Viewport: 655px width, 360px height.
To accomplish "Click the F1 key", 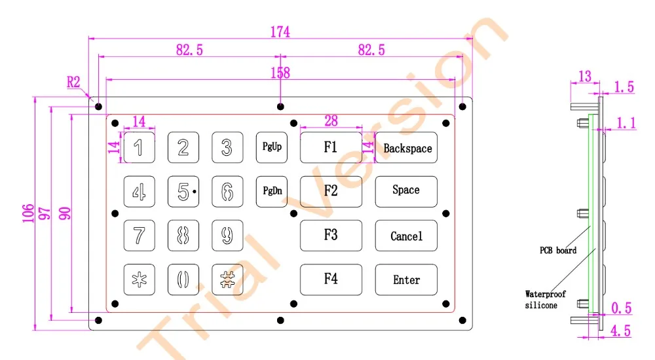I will coord(331,147).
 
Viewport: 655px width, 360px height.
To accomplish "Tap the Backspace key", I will coord(406,148).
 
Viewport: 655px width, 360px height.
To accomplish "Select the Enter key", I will coord(406,279).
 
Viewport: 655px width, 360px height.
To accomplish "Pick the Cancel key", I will coord(406,236).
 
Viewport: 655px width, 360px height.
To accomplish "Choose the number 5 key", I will coord(183,191).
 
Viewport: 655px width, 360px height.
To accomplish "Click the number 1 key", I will coord(140,147).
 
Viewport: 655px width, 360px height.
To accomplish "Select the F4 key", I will coord(331,279).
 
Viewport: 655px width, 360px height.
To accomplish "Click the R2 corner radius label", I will coord(73,82).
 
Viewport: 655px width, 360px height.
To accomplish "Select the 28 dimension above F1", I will coord(331,120).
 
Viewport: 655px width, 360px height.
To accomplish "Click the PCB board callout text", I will coord(558,250).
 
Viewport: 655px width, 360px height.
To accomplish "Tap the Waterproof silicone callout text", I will coord(546,299).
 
